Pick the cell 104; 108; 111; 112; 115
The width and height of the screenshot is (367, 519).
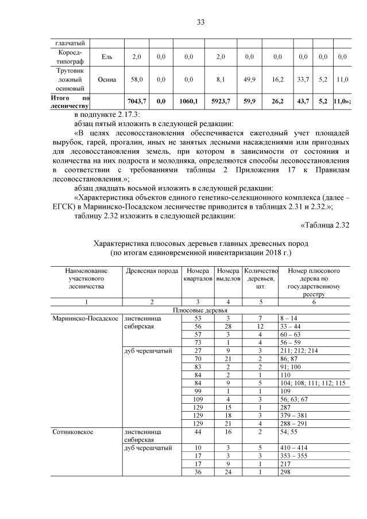[x=316, y=382]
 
